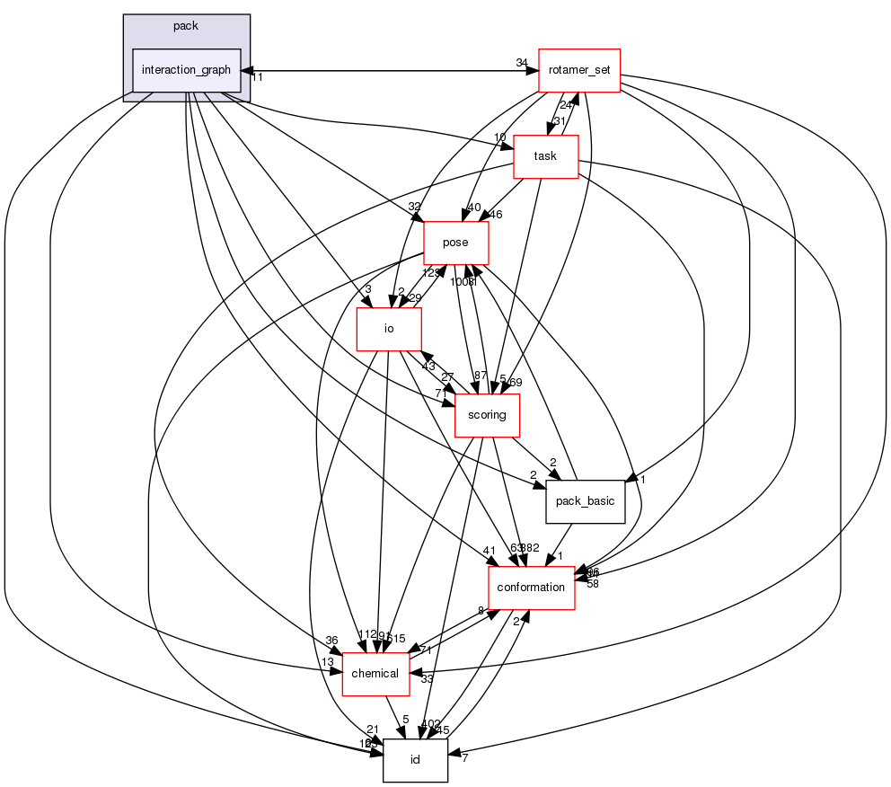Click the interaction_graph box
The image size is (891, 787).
[x=187, y=70]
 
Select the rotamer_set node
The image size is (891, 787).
[x=579, y=70]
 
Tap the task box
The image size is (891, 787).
[x=545, y=156]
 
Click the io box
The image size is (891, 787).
[x=389, y=329]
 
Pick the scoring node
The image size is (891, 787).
[x=488, y=415]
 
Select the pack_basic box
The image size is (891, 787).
[x=585, y=501]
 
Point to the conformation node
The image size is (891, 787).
[x=531, y=588]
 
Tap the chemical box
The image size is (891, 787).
[x=375, y=674]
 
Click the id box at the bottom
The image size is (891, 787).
[x=415, y=760]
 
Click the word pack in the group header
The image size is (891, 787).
[x=186, y=26]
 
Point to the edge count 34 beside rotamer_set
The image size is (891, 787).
[x=521, y=62]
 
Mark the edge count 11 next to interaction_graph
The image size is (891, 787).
[x=256, y=78]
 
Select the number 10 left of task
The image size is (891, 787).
[x=499, y=137]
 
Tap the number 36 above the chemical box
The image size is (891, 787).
[x=331, y=641]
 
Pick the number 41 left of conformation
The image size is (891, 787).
[x=489, y=551]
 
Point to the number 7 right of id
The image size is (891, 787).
[x=464, y=760]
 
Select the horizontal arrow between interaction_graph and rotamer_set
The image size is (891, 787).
[x=386, y=71]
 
